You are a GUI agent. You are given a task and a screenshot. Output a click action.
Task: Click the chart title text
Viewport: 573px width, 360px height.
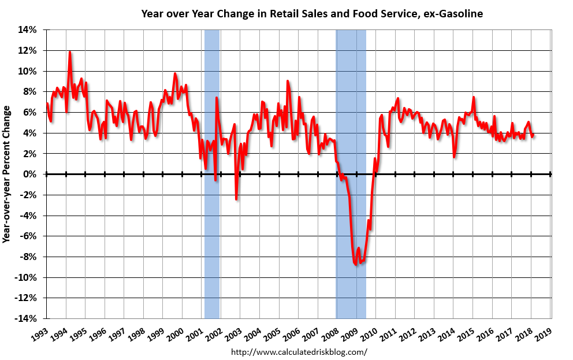(x=312, y=13)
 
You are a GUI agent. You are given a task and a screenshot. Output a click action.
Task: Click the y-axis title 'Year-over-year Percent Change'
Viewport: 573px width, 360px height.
(x=7, y=173)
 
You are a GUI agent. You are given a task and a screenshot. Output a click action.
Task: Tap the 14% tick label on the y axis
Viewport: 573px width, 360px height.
(x=28, y=29)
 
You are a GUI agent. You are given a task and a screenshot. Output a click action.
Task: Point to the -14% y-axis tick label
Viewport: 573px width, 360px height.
(x=27, y=318)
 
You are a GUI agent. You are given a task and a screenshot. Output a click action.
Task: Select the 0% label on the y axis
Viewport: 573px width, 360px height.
(x=31, y=174)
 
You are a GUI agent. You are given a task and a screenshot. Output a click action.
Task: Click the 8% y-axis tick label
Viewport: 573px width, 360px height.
(x=31, y=91)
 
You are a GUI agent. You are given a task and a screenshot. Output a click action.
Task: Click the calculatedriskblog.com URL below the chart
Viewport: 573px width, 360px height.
(x=299, y=351)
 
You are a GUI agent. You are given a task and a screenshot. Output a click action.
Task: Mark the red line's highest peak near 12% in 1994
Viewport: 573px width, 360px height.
(x=70, y=51)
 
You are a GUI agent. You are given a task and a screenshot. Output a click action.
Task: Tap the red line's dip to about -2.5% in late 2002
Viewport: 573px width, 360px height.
(x=236, y=199)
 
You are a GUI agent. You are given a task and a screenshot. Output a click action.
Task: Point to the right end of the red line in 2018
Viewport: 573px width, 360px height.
(x=533, y=135)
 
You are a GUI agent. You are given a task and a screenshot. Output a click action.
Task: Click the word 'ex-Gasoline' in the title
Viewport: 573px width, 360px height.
(x=455, y=13)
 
